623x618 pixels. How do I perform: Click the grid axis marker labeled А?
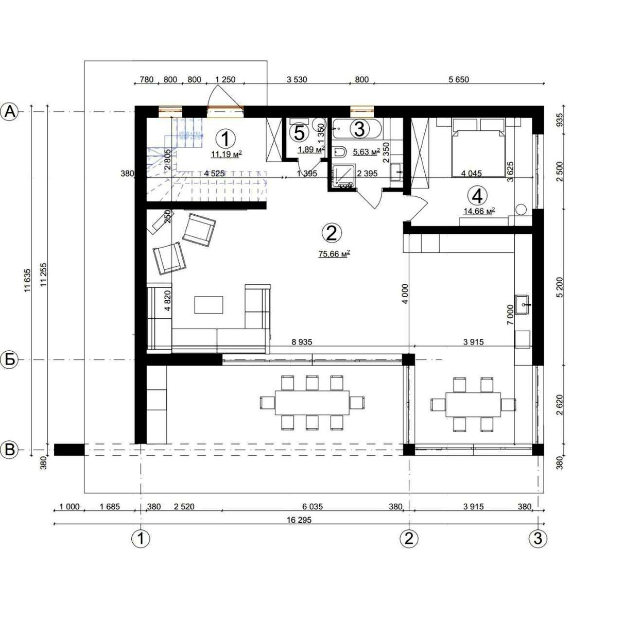[10, 111]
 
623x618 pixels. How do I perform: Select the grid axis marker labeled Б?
[10, 359]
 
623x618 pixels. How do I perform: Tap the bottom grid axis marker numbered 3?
[538, 539]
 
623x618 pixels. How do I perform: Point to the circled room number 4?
[477, 196]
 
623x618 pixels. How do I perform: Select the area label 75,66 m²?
[334, 253]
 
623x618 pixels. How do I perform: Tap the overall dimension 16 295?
[299, 520]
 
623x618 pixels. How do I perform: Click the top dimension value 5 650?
[458, 79]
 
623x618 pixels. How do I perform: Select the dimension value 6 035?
[312, 507]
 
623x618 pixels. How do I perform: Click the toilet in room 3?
[340, 152]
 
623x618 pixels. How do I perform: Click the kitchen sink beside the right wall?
[523, 305]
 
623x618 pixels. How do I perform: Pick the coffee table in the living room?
[209, 304]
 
